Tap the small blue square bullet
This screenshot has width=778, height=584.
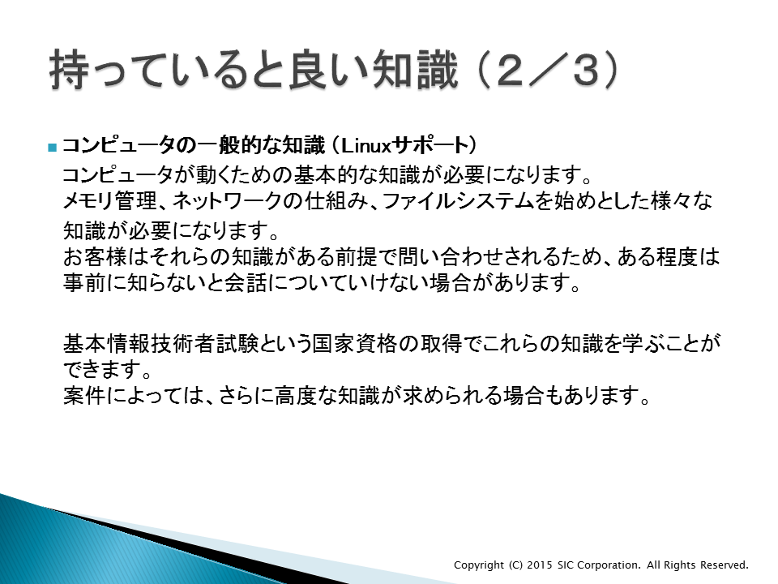[x=53, y=147]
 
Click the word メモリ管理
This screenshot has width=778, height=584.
[x=110, y=200]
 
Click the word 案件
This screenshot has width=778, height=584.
[x=84, y=396]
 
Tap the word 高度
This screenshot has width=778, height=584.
[x=296, y=396]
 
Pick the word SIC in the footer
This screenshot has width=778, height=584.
[x=566, y=565]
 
